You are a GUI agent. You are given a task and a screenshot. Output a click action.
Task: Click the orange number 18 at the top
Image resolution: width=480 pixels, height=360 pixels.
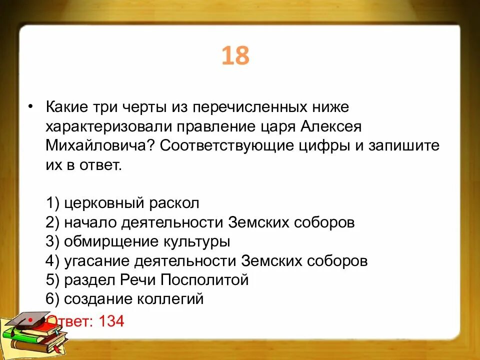click(235, 56)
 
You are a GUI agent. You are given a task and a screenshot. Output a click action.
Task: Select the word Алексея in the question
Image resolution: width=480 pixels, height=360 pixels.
click(330, 126)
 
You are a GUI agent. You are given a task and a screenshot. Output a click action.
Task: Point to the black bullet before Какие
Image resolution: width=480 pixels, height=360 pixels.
click(31, 107)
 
